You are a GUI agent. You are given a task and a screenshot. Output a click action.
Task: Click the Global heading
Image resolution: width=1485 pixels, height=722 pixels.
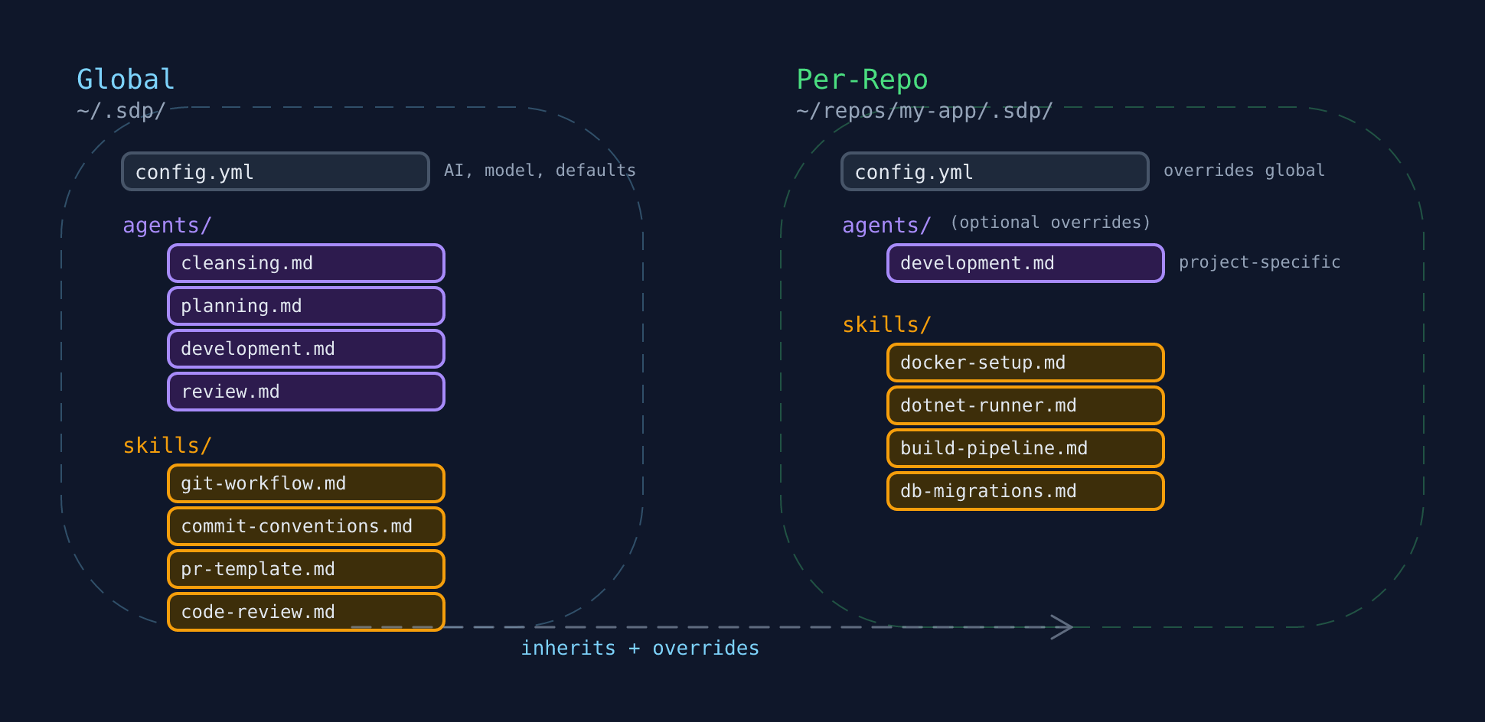[x=126, y=80]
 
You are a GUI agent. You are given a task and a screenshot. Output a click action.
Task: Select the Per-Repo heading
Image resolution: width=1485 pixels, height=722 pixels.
[x=862, y=80]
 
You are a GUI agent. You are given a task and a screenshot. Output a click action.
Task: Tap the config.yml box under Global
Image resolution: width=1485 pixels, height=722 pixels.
[x=276, y=171]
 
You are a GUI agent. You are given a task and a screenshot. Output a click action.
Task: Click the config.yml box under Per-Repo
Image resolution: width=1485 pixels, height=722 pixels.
[x=994, y=171]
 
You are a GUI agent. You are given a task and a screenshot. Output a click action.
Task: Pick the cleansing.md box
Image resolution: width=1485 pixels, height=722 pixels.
[x=306, y=263]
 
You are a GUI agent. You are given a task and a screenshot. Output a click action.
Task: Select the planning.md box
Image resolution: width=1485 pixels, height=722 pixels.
[x=306, y=306]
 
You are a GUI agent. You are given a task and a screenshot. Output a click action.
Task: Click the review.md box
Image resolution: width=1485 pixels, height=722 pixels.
[x=306, y=392]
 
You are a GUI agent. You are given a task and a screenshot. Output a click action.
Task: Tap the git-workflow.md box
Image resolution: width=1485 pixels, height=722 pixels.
[x=306, y=483]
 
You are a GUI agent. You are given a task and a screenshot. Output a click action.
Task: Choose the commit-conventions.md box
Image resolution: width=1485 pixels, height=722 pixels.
[x=306, y=526]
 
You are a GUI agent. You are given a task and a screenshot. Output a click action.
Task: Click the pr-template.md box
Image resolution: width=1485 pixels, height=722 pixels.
[x=306, y=569]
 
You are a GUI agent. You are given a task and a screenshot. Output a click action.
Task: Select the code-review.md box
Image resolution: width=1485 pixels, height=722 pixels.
[x=306, y=612]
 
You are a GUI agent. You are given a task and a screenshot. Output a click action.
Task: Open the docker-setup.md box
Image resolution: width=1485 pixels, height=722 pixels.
[x=1026, y=363]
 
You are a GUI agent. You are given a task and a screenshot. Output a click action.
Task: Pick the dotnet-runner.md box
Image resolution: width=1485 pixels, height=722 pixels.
[x=1026, y=405]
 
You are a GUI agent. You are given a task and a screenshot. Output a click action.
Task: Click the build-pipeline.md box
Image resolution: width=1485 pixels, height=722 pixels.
[x=1026, y=448]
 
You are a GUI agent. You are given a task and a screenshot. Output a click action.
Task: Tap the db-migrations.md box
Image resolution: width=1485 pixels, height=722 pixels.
[x=1026, y=491]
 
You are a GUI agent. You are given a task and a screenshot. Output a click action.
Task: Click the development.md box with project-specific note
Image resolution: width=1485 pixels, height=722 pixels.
[x=1026, y=263]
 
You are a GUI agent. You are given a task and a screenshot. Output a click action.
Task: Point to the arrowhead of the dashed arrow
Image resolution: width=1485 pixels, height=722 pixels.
[x=1066, y=627]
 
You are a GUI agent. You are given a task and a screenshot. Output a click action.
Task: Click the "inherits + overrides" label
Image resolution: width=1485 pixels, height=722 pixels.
[x=640, y=649]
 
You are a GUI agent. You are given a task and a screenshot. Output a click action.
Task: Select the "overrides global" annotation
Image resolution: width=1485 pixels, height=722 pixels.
[x=1244, y=171]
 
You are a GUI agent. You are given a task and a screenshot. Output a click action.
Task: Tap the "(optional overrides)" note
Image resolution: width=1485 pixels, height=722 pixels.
[x=1050, y=223]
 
